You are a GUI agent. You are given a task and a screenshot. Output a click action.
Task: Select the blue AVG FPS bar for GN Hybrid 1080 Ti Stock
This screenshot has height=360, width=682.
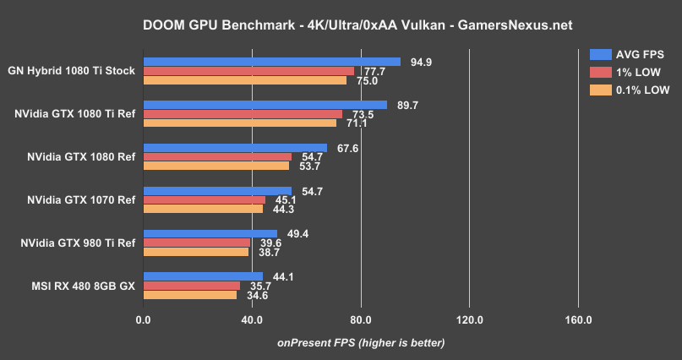[x=271, y=62]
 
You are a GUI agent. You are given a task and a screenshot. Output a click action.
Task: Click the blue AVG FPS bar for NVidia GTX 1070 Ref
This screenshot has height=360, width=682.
[x=217, y=191]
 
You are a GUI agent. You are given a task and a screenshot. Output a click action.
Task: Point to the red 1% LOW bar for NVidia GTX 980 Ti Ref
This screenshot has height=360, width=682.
[x=197, y=243]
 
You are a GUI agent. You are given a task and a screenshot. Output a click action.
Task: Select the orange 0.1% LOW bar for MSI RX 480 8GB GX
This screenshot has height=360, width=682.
[x=190, y=295]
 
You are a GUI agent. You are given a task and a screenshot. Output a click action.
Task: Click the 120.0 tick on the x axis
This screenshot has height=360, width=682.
[x=469, y=320]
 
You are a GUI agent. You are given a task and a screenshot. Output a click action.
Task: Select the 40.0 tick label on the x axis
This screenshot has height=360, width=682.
[x=252, y=320]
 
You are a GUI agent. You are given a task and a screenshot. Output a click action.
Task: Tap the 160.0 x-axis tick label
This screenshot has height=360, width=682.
[x=578, y=320]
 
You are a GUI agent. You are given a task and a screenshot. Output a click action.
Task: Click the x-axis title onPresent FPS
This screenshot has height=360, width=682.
[x=361, y=342]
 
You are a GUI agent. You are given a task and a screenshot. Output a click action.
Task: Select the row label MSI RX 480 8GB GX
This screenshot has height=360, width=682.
[x=81, y=286]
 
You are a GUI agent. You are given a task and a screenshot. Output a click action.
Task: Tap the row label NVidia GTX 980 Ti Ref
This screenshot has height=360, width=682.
[x=78, y=243]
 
